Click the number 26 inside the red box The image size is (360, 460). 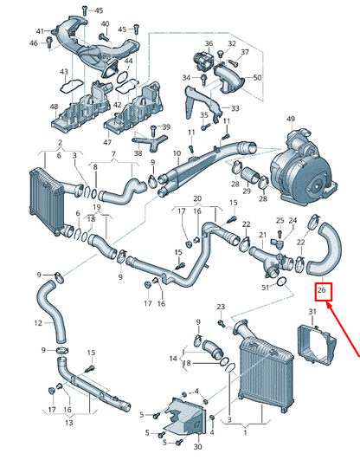tap(322, 290)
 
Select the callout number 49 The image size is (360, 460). tap(291, 119)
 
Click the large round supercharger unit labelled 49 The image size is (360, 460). tap(304, 169)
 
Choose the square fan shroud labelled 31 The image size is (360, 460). tap(317, 343)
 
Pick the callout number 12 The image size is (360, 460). tap(38, 323)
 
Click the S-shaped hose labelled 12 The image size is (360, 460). tap(52, 311)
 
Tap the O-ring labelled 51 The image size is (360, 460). tap(282, 282)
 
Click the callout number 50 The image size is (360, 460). tap(257, 78)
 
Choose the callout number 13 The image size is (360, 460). tap(68, 423)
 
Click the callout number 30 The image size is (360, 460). tap(198, 446)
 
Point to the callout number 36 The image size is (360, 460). tap(209, 43)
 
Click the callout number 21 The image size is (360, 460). tap(263, 235)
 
